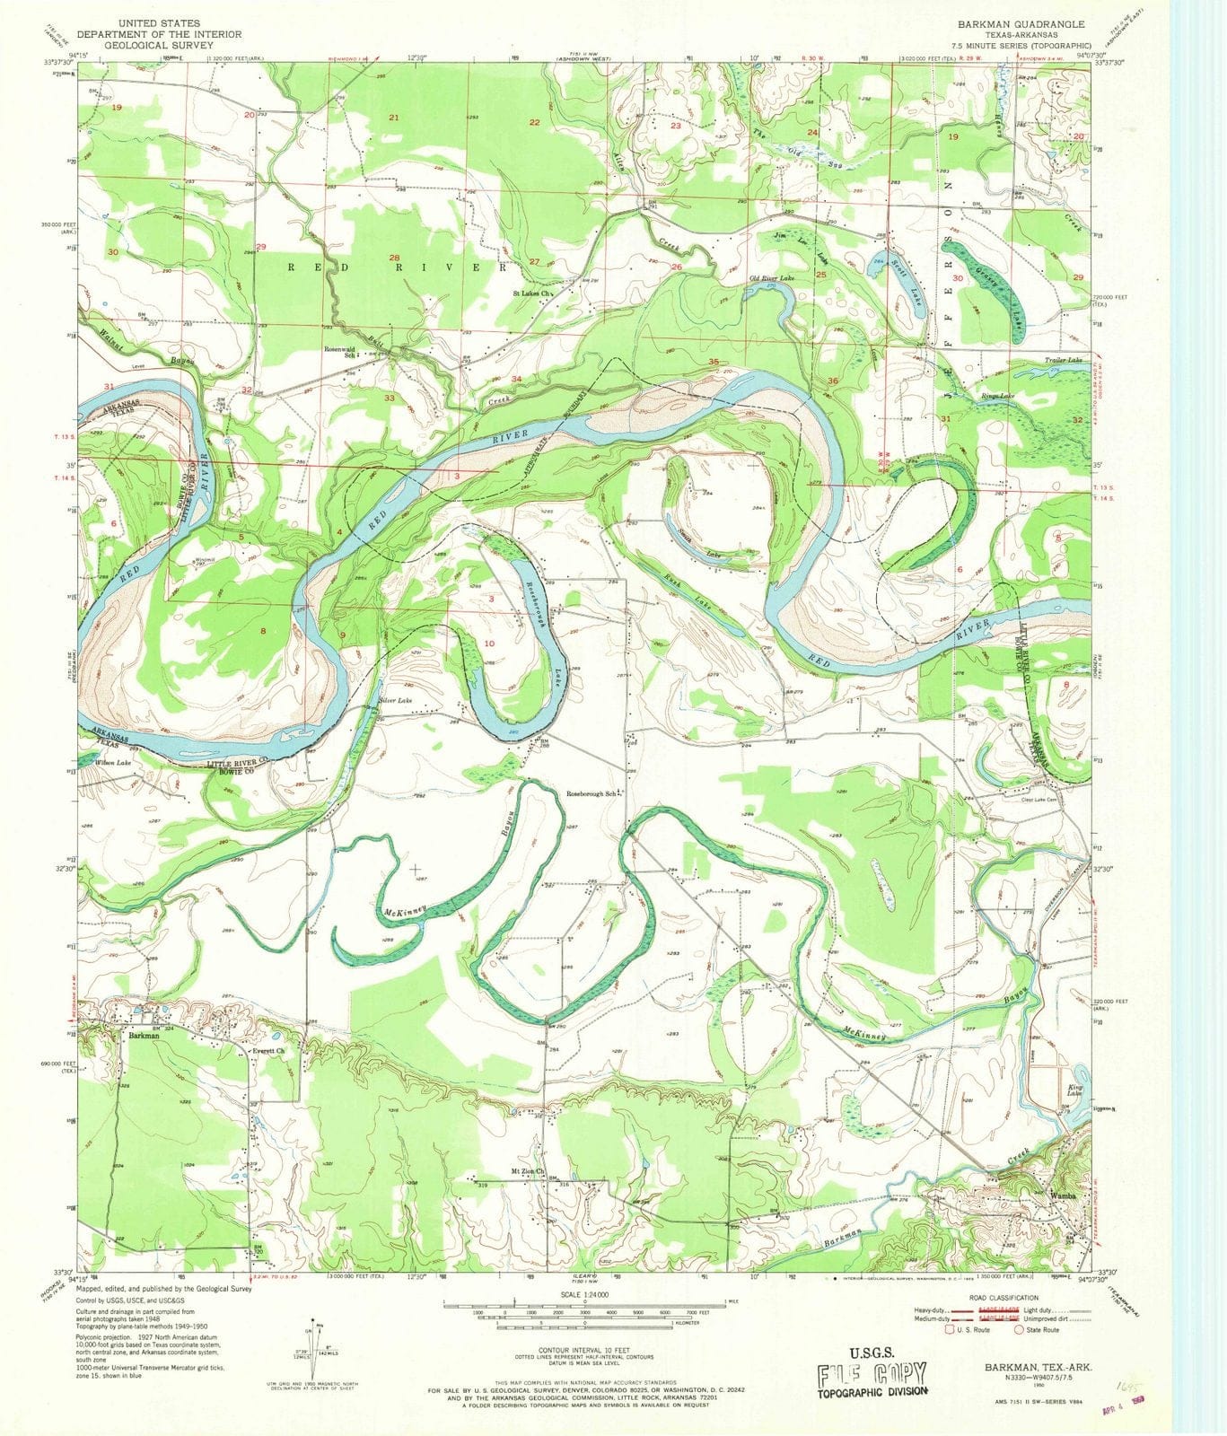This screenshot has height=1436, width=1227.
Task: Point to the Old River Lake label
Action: tap(772, 279)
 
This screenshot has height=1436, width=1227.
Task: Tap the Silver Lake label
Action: tap(396, 699)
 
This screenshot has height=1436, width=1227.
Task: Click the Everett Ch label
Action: tap(267, 1051)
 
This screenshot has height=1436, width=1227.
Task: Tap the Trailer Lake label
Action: tap(1063, 360)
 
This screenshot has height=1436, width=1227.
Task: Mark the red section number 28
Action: tap(393, 258)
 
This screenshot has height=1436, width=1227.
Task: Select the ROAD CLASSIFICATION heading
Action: tap(1003, 1297)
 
